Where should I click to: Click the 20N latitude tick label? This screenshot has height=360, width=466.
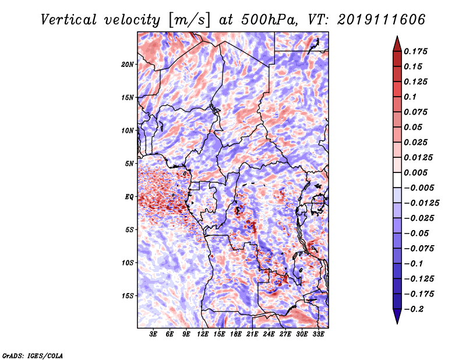(x=128, y=64)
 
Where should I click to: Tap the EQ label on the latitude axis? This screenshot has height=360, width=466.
(x=129, y=196)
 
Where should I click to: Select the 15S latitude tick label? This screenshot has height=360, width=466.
(x=128, y=295)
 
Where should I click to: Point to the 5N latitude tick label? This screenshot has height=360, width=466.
(x=129, y=163)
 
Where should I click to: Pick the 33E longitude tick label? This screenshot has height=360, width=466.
(x=318, y=334)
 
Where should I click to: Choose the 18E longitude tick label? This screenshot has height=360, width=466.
(x=236, y=334)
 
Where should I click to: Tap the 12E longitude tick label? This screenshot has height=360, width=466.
(x=203, y=334)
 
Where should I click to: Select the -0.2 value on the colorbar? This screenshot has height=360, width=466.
(x=415, y=309)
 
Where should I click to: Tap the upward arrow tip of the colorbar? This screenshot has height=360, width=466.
(x=397, y=38)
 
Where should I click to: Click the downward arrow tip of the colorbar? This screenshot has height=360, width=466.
(x=397, y=322)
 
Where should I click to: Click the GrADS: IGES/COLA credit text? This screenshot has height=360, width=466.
(x=32, y=355)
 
